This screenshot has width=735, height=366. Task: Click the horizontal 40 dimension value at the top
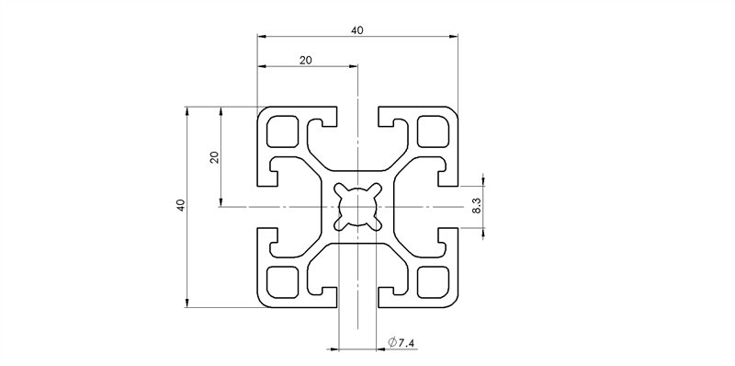click(356, 30)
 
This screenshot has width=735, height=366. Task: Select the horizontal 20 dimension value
click(306, 60)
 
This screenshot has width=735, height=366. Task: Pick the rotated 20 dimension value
click(214, 156)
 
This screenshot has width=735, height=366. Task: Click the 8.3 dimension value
click(475, 205)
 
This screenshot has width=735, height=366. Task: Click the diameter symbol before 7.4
click(392, 343)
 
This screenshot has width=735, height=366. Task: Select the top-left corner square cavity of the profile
click(282, 133)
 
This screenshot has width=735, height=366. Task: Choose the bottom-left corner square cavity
click(282, 281)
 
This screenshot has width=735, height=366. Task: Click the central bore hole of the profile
click(356, 207)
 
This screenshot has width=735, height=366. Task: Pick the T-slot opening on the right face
click(450, 207)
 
